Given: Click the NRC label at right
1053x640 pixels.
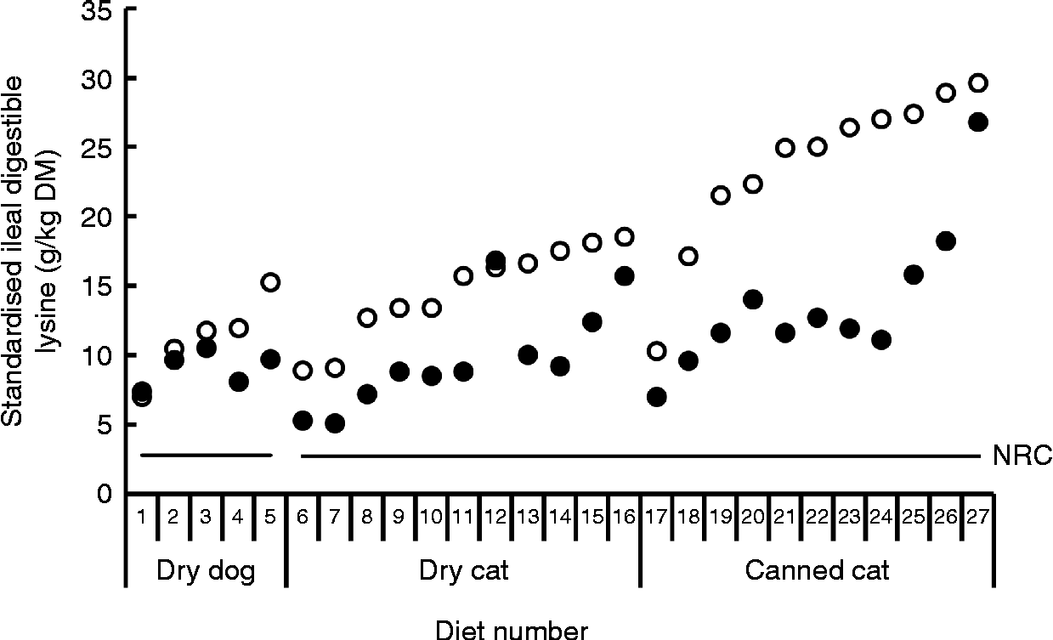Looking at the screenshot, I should [x=1022, y=457].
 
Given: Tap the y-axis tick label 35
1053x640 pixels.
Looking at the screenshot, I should [x=99, y=10].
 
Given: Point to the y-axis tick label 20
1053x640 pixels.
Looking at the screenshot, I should [x=99, y=217].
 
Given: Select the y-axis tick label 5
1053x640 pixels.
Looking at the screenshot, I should [x=106, y=424].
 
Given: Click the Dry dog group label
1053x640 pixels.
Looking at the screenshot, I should [x=206, y=571].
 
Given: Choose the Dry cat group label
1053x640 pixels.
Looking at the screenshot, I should [x=463, y=571].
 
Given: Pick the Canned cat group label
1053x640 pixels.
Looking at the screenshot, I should [x=816, y=571].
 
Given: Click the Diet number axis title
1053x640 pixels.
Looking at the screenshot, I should [x=511, y=630].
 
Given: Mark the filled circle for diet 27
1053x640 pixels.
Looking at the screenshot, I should [x=977, y=122].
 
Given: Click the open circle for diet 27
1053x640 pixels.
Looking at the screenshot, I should [x=977, y=82].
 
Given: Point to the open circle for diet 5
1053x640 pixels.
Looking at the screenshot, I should [x=270, y=282].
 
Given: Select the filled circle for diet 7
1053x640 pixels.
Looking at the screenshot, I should [x=335, y=422].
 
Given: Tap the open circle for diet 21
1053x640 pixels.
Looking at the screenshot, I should [x=785, y=148].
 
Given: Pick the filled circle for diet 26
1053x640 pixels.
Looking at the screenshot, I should [x=945, y=241].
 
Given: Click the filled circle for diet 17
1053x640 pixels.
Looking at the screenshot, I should [x=656, y=396].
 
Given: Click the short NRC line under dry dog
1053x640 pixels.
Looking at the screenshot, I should [x=206, y=456].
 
